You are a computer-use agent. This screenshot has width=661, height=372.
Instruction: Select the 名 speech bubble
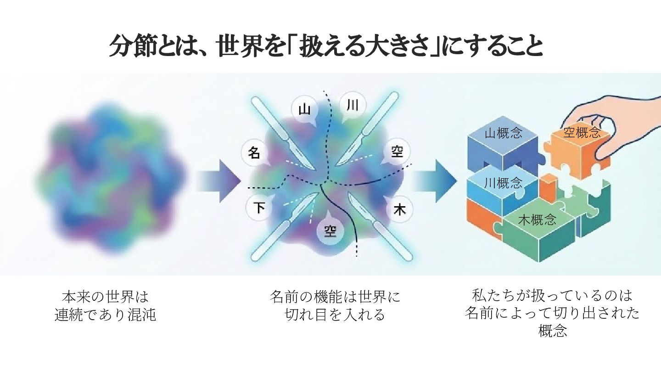pos(254,153)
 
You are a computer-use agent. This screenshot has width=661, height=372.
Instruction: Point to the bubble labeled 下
pos(259,209)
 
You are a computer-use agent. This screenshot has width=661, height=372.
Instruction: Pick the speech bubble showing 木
pos(399,210)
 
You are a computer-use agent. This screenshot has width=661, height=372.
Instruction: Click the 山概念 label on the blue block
pos(504,134)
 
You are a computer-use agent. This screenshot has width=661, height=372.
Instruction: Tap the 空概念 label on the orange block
pos(582,133)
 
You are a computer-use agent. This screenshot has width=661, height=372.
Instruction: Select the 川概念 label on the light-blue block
pos(503,182)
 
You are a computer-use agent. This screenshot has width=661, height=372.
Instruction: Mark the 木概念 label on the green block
pos(537,220)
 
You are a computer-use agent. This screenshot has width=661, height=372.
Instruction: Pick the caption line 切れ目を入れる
pos(335,316)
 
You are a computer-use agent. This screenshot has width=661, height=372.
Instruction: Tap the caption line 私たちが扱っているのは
pos(552,294)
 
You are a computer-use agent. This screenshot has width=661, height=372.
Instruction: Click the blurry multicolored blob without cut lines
pos(112,179)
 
